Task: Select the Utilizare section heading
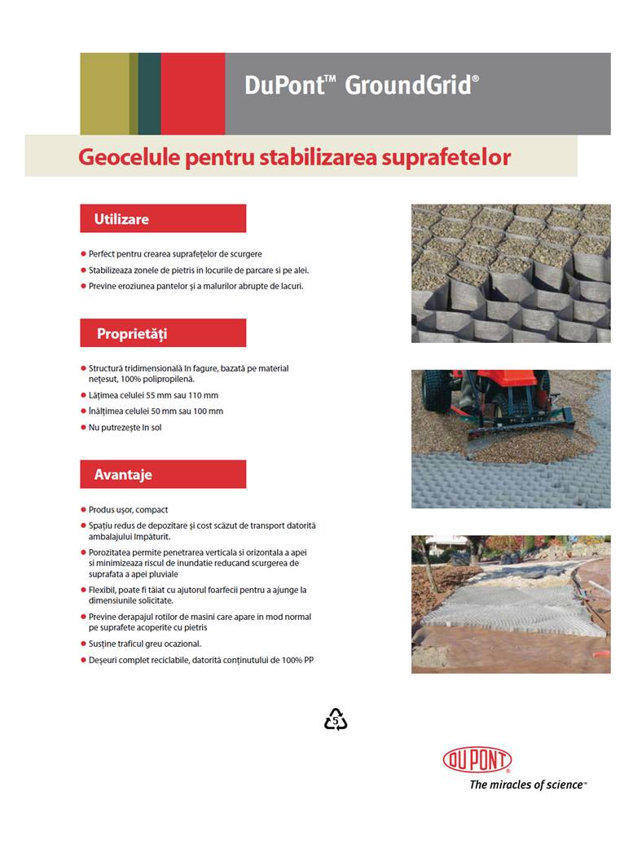pos(121,219)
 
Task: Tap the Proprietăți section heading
pos(132,333)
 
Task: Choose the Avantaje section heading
pos(123,474)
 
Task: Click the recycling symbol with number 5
pos(336,719)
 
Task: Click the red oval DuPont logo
pos(477,760)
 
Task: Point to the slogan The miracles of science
pos(527,785)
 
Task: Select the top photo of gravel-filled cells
pos(511,273)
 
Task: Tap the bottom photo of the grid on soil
pos(511,604)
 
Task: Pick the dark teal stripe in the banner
pos(149,94)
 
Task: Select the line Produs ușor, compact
pos(129,510)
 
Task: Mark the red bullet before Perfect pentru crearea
pos(83,254)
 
